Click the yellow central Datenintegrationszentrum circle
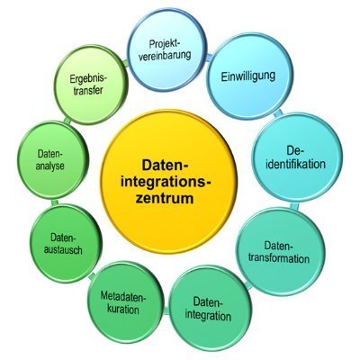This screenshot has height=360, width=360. tap(169, 182)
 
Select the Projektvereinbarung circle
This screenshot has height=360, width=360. tap(166, 49)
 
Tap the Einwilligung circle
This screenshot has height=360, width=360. tap(249, 77)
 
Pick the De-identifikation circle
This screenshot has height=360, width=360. tap(297, 157)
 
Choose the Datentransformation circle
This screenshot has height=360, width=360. tap(281, 252)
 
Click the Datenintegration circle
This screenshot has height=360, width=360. tap(210, 309)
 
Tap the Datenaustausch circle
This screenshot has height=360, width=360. tap(66, 244)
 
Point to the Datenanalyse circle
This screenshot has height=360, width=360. tap(53, 160)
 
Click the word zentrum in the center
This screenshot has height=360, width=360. tap(165, 199)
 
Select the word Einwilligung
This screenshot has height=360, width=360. tap(248, 76)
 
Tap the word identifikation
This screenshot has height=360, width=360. tap(296, 164)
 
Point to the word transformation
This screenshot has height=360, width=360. tap(279, 258)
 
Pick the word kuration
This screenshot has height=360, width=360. tap(123, 310)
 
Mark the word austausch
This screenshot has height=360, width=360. tap(63, 249)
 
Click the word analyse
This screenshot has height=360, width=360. tap(50, 166)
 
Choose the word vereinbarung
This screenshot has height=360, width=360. tap(165, 55)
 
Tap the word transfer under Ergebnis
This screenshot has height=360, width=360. tap(88, 91)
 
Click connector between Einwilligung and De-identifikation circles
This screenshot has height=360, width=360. tap(278, 113)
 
